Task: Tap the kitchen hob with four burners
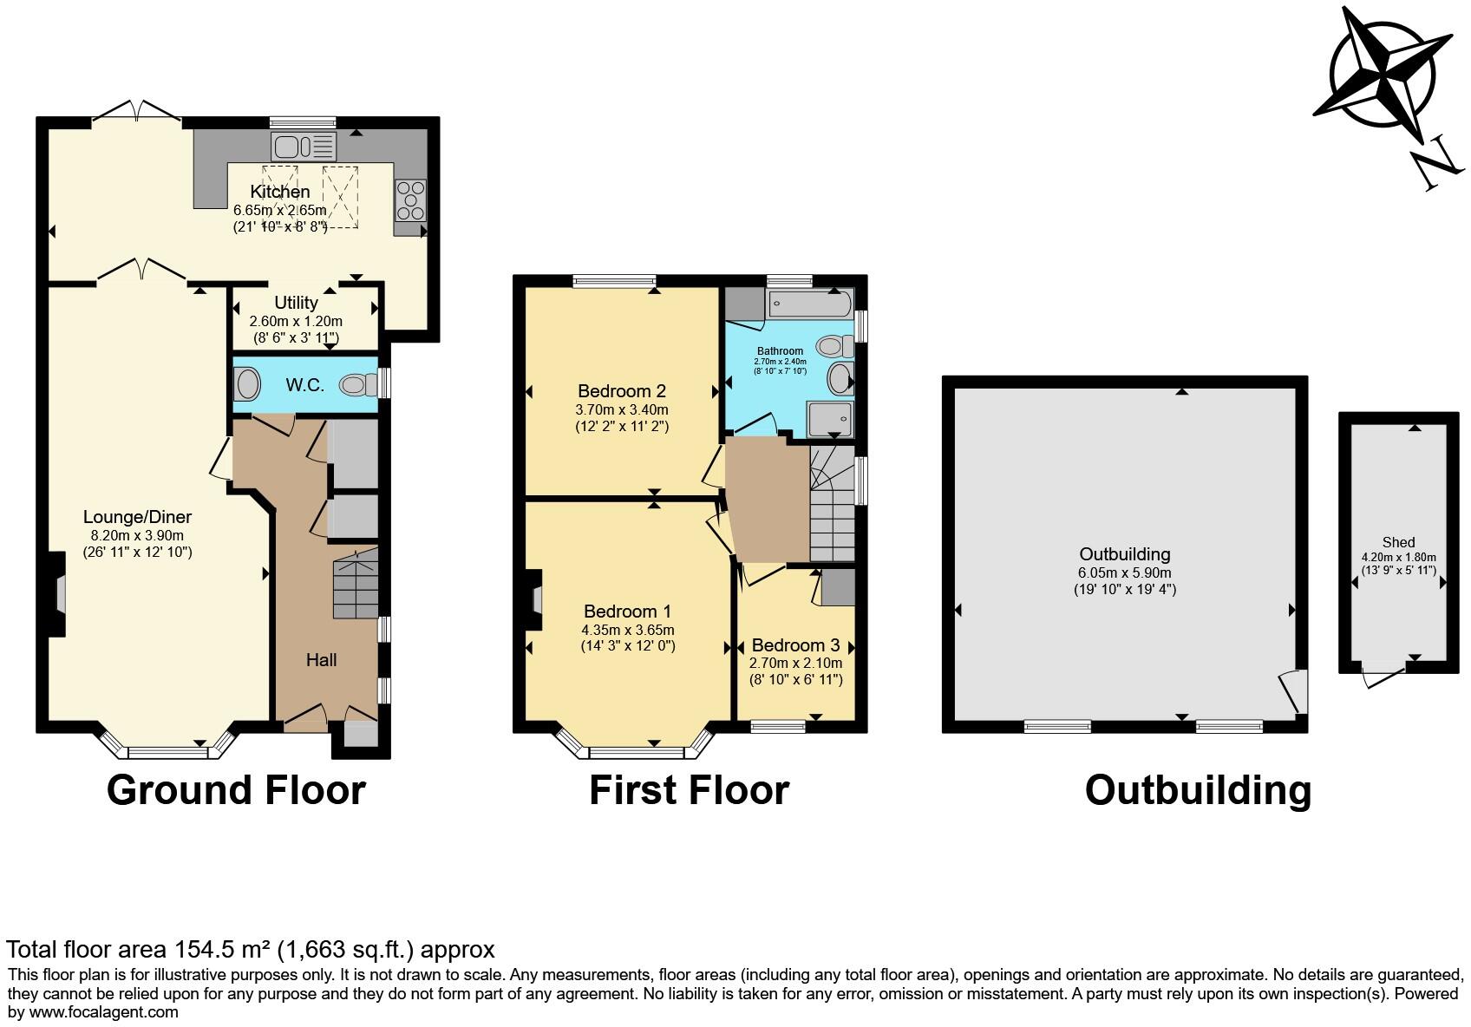(410, 200)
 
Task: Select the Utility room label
(296, 303)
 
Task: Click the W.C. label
(305, 384)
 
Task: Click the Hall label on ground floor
(321, 660)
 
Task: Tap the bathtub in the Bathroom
(810, 304)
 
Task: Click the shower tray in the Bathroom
(830, 420)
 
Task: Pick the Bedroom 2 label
(622, 390)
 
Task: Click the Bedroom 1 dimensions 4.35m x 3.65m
(628, 630)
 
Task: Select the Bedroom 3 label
(795, 645)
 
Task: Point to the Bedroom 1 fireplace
(535, 599)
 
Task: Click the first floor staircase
(832, 503)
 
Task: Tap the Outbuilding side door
(1294, 691)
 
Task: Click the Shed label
(1398, 542)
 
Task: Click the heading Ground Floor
(236, 790)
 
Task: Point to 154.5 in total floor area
(206, 949)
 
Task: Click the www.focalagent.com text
(104, 1011)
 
